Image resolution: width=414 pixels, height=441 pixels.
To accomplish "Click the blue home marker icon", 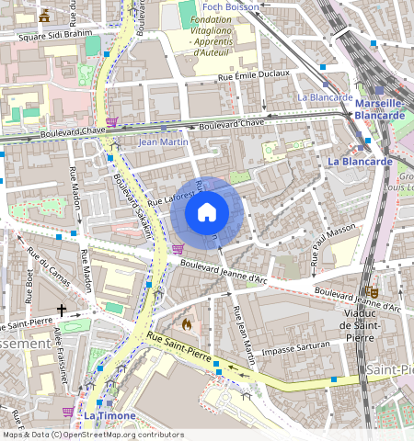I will coord(207,213).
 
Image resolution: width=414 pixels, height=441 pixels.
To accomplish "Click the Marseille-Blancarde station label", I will coord(381,109).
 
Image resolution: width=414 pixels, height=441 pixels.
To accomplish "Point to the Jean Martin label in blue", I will coord(162,142).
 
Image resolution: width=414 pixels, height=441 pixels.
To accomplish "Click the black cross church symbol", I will coord(63,311).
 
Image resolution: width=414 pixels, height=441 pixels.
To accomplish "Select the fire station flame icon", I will coord(187,323).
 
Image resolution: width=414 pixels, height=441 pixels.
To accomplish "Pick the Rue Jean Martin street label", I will coord(243,334).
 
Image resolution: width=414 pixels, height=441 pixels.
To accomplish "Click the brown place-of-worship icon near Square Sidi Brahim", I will coord(44,16).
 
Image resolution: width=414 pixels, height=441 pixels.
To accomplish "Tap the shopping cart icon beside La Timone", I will coord(67,413).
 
